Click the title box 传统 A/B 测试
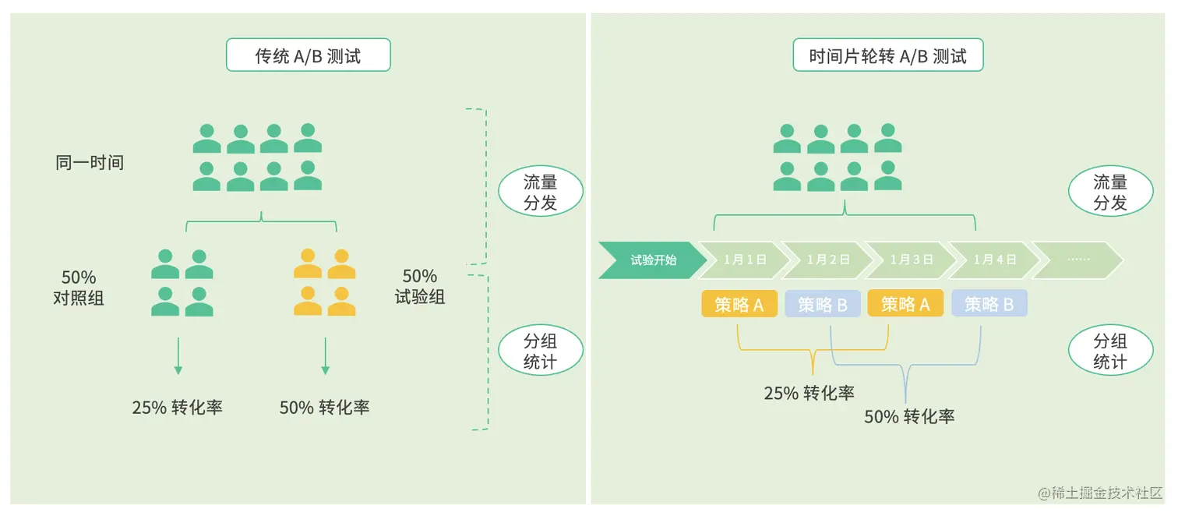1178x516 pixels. click(308, 56)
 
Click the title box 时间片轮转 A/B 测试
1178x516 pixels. click(887, 56)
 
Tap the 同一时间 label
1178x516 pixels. click(90, 163)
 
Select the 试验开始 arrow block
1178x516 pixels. click(651, 260)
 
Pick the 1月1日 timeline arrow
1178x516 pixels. click(744, 260)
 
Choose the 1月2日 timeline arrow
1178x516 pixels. click(827, 260)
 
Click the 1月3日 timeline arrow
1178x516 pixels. click(911, 260)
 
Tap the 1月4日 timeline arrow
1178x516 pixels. click(994, 260)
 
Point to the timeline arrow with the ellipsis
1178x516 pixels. click(1077, 260)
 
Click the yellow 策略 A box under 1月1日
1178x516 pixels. click(739, 304)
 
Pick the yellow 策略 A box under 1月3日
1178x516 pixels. click(905, 304)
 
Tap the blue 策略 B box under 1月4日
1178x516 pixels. click(989, 304)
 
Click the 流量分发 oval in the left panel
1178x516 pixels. click(540, 193)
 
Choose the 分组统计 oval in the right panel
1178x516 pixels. click(1109, 352)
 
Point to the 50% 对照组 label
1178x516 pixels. click(79, 288)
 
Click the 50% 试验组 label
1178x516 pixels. click(420, 286)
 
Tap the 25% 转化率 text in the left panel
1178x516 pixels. click(178, 407)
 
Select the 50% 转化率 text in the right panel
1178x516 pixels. click(909, 416)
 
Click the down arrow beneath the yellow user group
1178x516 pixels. click(326, 356)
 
